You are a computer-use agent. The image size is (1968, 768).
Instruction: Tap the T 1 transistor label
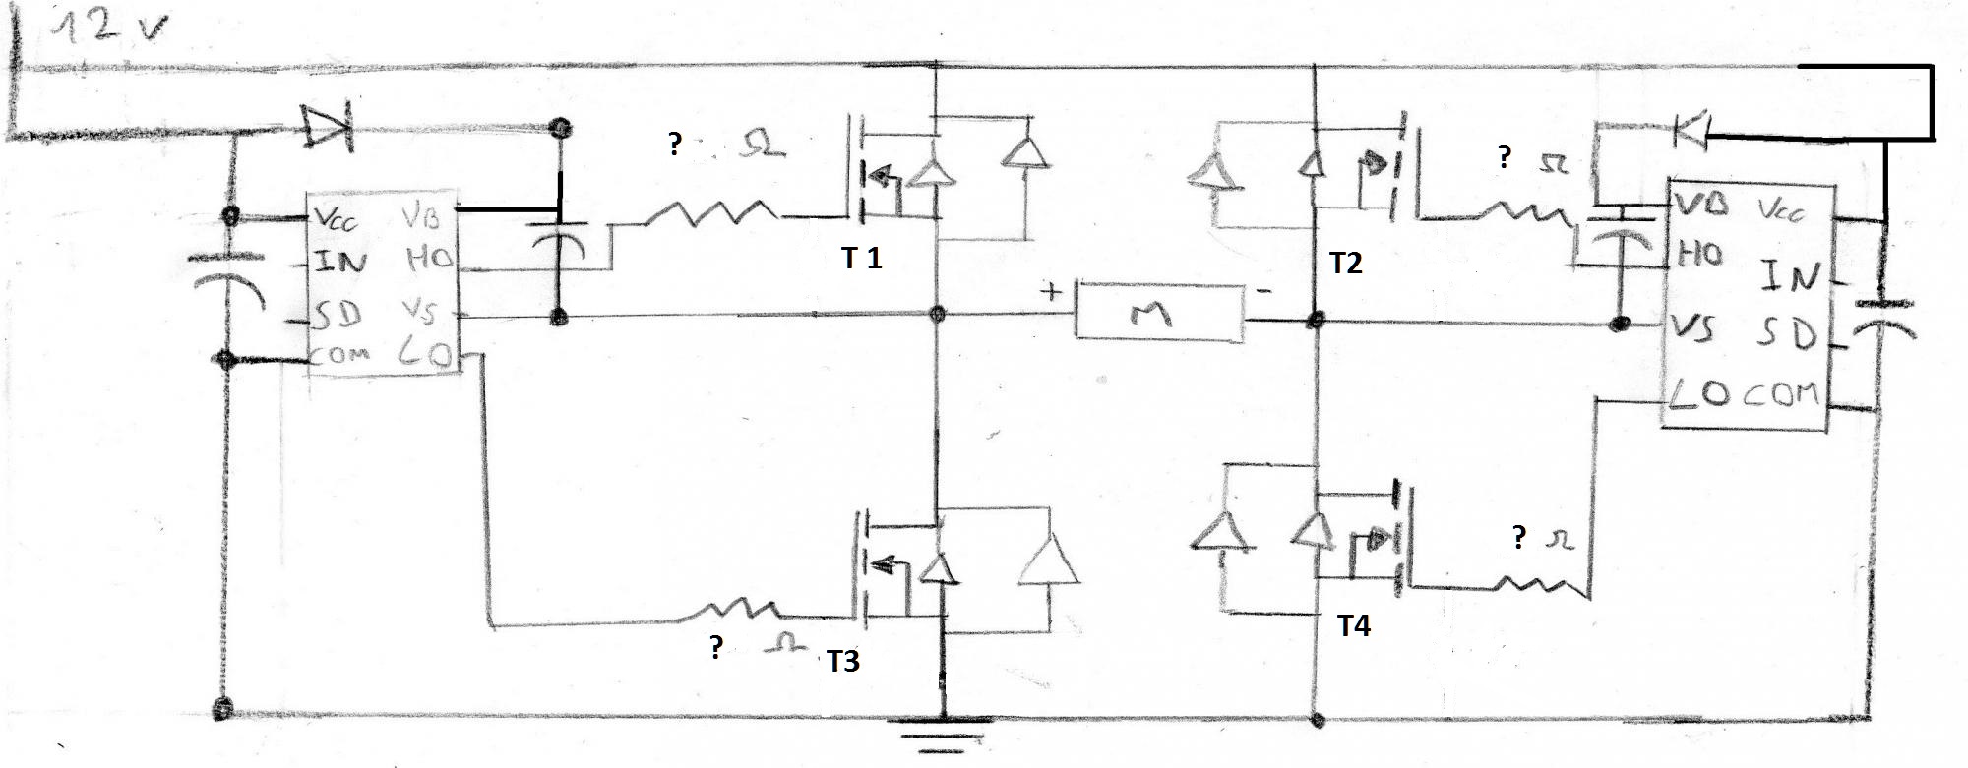coord(861,259)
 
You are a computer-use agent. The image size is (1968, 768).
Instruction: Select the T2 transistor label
coord(1345,264)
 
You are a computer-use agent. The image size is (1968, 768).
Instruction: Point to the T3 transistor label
coord(842,662)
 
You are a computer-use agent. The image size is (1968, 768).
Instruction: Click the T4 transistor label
coord(1354,626)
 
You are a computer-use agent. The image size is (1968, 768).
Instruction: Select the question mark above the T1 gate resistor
coord(674,146)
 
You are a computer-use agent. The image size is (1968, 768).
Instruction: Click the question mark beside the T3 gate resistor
coord(716,648)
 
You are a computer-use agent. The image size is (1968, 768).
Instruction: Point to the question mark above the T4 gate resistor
coord(1519,538)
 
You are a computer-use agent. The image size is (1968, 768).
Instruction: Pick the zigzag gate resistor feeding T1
coord(708,213)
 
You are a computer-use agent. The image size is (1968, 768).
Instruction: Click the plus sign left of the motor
coord(1053,291)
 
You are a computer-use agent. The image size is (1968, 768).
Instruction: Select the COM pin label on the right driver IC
coord(1782,394)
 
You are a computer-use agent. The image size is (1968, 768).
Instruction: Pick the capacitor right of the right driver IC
coord(1882,320)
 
